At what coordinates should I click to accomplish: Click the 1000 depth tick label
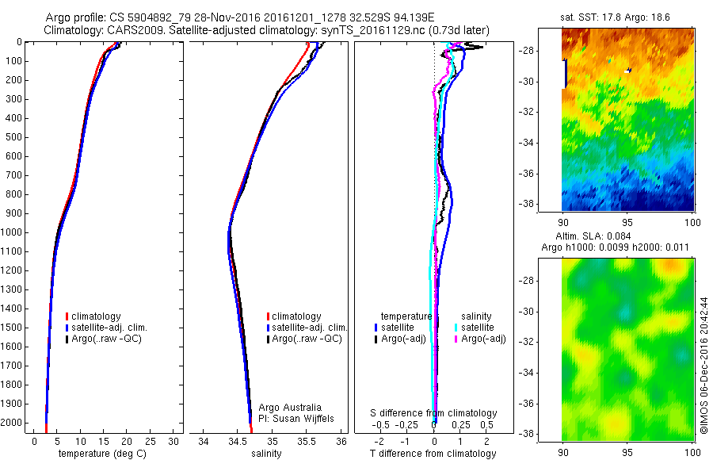click(x=13, y=232)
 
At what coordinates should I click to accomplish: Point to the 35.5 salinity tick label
click(x=307, y=441)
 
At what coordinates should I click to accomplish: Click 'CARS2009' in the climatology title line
click(x=130, y=30)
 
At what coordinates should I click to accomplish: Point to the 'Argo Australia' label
click(x=291, y=407)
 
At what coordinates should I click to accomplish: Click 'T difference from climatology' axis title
click(x=433, y=454)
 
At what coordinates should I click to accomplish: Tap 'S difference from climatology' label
click(x=433, y=413)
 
